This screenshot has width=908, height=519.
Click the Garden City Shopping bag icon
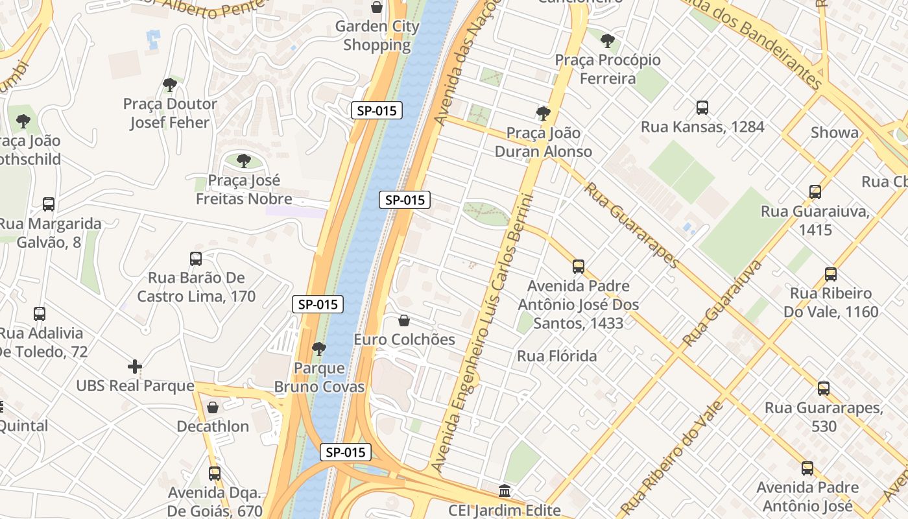click(377, 7)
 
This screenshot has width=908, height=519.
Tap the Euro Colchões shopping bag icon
click(404, 320)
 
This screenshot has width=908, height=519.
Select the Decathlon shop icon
click(213, 407)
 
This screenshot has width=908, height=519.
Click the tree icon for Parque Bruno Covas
click(318, 349)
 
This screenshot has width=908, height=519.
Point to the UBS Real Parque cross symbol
click(135, 367)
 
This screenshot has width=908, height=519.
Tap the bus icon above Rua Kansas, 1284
click(702, 108)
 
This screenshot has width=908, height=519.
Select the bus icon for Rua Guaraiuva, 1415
click(815, 192)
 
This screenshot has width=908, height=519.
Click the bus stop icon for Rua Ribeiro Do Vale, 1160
click(831, 274)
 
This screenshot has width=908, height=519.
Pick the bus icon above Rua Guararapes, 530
click(824, 389)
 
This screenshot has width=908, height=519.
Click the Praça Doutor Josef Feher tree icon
click(170, 85)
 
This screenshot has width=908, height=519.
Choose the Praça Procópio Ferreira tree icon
click(608, 41)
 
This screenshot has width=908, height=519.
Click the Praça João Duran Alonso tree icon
click(544, 114)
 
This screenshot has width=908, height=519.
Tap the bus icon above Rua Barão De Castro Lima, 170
click(196, 259)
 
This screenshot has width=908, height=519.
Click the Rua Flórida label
click(556, 356)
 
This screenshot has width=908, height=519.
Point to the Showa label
click(835, 133)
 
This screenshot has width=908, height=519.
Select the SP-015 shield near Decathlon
click(346, 452)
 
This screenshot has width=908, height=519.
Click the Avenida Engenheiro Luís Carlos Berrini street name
click(484, 331)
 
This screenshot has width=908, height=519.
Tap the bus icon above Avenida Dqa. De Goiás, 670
click(215, 474)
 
